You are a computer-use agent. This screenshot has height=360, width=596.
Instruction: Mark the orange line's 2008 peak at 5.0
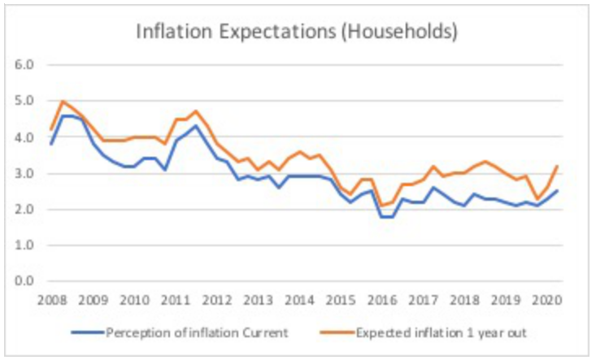[x=63, y=102]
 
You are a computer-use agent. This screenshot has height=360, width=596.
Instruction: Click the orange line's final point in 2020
[x=558, y=166]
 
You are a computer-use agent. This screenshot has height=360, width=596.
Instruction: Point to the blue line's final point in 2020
[x=558, y=191]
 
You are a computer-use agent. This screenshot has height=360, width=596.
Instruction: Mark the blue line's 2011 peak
[x=197, y=125]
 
